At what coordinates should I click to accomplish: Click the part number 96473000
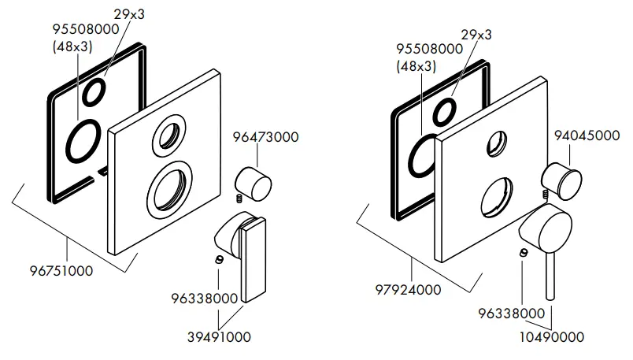coord(265,137)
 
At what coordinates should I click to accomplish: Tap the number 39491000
coord(218,337)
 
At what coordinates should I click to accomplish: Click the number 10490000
coord(552,337)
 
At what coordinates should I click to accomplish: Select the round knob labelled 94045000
coord(563,180)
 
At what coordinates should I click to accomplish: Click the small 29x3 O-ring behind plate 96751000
coord(94,92)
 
